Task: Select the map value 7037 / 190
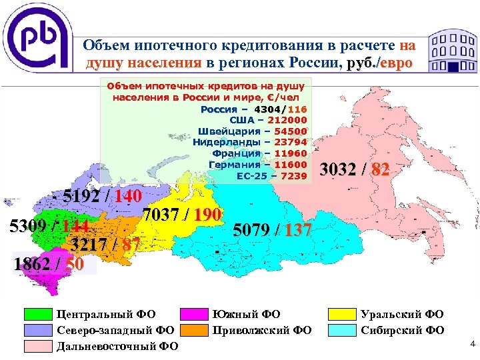(181, 215)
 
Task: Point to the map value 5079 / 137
(273, 231)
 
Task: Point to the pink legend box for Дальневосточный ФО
(38, 346)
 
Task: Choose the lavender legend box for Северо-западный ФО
(38, 330)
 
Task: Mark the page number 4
(472, 345)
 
